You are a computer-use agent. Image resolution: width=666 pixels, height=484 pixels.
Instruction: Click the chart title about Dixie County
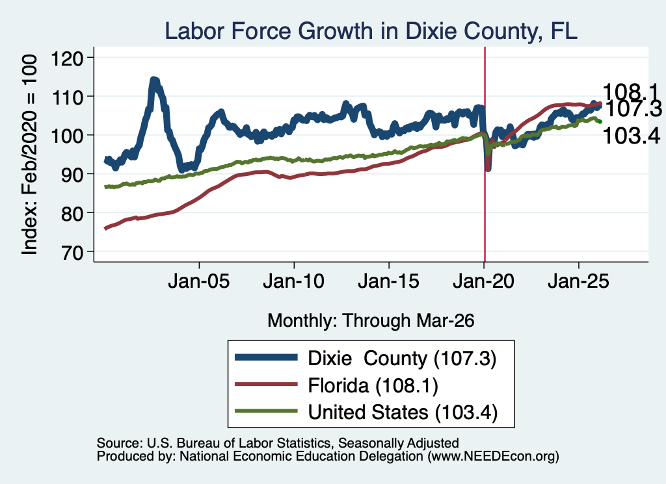click(x=371, y=31)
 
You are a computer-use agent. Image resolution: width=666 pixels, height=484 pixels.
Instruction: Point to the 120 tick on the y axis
click(x=67, y=58)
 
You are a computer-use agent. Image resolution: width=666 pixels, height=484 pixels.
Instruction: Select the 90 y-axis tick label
click(x=72, y=174)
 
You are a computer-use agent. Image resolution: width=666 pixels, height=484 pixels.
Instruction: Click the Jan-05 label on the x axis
click(x=199, y=281)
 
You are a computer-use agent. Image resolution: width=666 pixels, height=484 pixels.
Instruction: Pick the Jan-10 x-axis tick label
click(x=293, y=281)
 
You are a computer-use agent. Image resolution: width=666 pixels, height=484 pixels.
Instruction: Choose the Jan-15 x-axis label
click(x=388, y=281)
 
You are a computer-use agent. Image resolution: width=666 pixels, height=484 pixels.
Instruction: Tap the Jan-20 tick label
click(x=483, y=281)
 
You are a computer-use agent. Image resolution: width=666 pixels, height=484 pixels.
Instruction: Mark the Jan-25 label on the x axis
click(x=578, y=281)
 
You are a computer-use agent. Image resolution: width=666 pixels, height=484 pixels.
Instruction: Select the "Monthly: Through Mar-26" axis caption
click(x=371, y=321)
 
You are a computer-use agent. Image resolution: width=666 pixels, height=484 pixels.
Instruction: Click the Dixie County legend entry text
click(x=402, y=359)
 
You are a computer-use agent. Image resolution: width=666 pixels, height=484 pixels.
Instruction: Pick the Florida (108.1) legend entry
click(x=373, y=386)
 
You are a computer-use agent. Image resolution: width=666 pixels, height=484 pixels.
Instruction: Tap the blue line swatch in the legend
click(x=266, y=357)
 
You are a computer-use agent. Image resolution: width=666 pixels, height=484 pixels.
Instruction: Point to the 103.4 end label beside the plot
click(x=631, y=136)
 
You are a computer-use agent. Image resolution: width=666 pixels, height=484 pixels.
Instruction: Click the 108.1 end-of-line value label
click(x=630, y=92)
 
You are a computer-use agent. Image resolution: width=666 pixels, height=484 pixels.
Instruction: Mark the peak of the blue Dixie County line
click(x=154, y=80)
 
